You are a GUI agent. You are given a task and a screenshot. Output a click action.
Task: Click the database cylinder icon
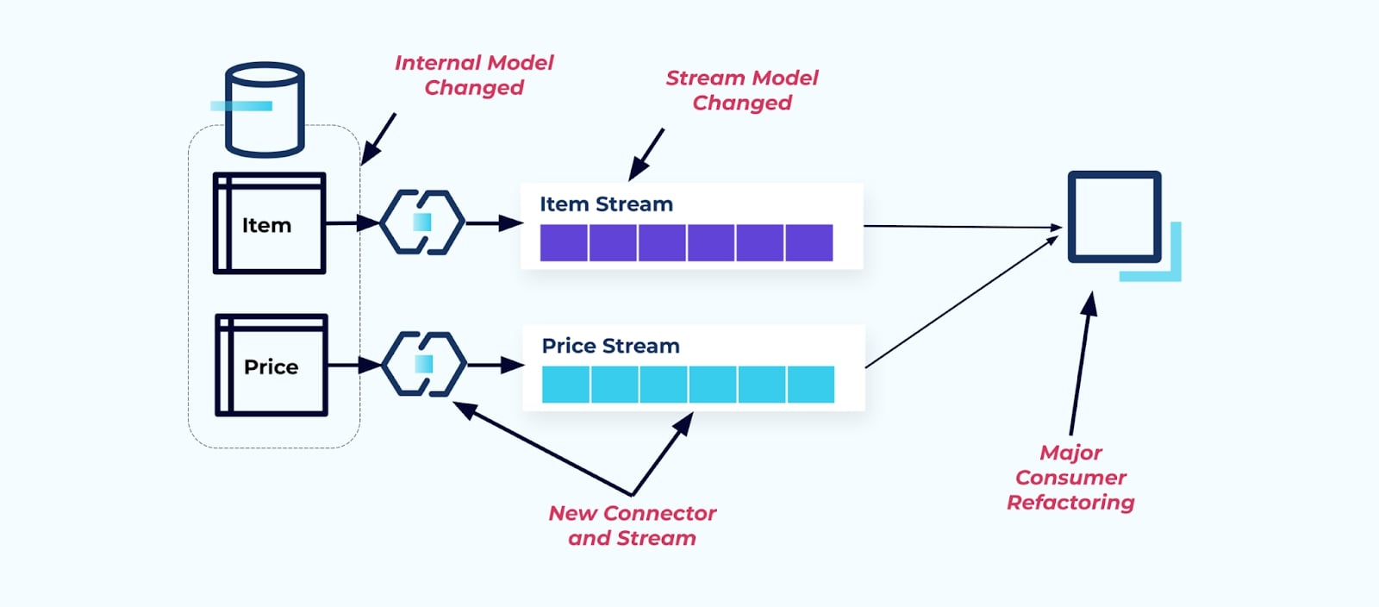tap(265, 110)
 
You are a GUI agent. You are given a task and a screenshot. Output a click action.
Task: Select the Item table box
tap(269, 224)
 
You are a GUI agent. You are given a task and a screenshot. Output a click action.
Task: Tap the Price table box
tap(271, 366)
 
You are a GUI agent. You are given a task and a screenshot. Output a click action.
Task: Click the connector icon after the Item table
tap(422, 222)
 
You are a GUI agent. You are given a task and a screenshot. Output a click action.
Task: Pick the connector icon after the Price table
tap(423, 364)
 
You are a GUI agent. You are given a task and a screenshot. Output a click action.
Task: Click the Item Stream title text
tap(606, 204)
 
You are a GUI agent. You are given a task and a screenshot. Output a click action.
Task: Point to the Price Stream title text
tap(610, 346)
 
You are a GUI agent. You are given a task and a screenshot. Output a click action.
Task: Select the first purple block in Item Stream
tap(564, 242)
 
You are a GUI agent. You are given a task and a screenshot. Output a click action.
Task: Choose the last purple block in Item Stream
tap(809, 242)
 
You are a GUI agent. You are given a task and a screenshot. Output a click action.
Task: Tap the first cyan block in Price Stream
tap(565, 385)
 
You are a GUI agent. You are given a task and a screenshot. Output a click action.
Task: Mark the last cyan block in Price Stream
tap(811, 385)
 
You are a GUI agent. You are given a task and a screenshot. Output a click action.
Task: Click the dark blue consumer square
tap(1114, 216)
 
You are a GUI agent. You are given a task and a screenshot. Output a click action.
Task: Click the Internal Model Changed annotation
tap(474, 75)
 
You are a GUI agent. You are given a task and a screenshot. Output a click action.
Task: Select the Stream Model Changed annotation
tap(742, 90)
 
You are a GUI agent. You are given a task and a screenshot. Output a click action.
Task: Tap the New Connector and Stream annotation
tap(632, 525)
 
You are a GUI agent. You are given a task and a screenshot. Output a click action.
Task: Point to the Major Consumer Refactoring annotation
tap(1070, 477)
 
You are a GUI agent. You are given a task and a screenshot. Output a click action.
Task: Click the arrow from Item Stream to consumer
tap(962, 227)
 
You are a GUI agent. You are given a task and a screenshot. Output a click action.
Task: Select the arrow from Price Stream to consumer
tap(962, 302)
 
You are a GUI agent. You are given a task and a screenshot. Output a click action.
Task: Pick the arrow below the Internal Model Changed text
tap(378, 138)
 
